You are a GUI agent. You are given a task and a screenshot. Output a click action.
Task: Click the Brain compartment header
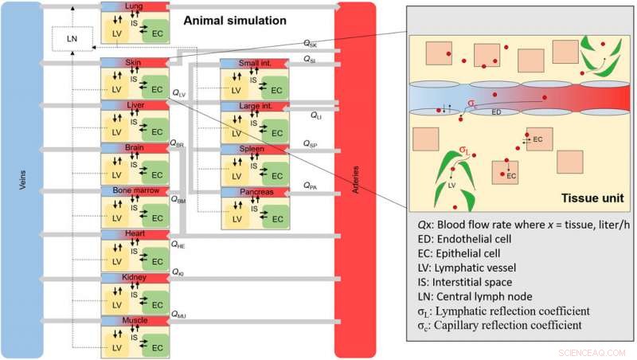(x=133, y=148)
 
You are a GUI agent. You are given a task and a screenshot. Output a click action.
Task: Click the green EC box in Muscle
(x=156, y=347)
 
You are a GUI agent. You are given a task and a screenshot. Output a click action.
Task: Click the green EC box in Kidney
(x=156, y=304)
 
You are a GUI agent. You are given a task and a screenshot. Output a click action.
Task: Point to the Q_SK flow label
(x=311, y=43)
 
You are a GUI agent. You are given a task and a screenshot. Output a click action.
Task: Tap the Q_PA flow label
(x=311, y=186)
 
